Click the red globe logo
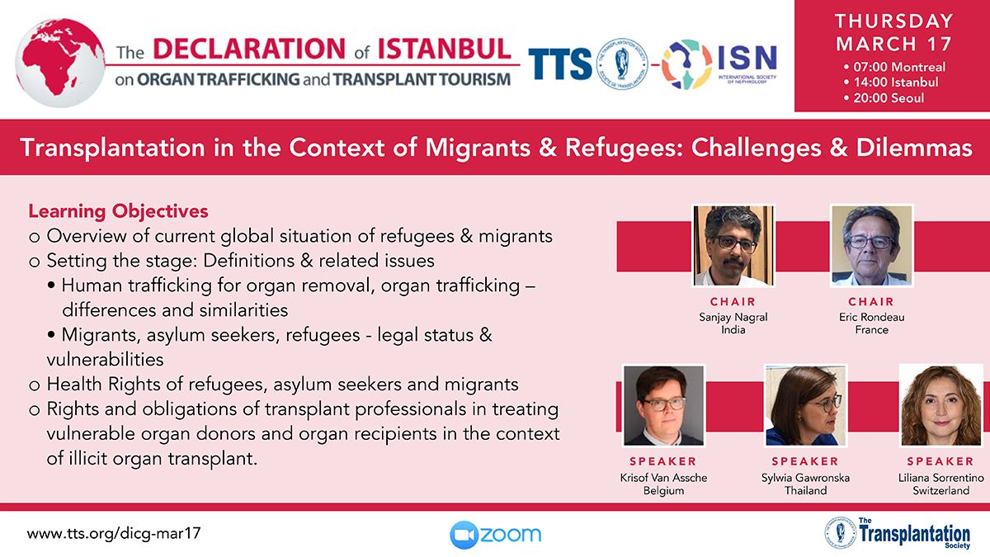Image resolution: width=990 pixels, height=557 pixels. coord(60,63)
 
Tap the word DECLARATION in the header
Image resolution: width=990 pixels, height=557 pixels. coord(249,49)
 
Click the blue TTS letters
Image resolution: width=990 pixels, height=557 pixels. coord(559,64)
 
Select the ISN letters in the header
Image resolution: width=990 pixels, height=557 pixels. coord(747,58)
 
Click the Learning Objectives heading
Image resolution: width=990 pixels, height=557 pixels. coord(118,211)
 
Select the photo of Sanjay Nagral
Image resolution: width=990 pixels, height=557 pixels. coord(733,246)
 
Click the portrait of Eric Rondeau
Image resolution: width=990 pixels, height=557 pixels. coord(871,246)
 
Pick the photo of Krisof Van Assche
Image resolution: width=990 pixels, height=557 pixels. coord(663,405)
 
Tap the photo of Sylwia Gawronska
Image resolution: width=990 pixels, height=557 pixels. coord(805,405)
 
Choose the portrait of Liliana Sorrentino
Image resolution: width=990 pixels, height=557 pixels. coord(941,405)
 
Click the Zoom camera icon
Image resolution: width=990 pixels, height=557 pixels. coord(464,535)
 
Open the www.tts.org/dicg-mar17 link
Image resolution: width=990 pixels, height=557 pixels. coord(114,533)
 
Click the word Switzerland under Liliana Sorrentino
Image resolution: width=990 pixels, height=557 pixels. coord(941,491)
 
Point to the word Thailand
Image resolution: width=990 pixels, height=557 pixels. coord(805,491)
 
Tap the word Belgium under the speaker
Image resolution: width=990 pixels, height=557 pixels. coord(663,491)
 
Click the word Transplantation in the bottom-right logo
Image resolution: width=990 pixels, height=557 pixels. coord(914,534)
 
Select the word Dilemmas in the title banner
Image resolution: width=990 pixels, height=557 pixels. coord(914,148)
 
